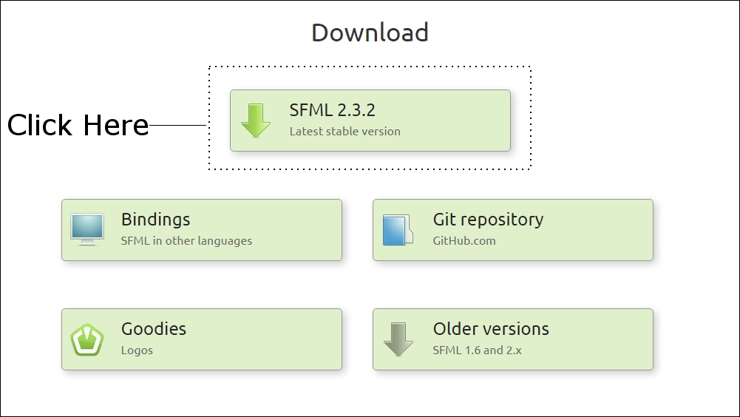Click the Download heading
point(370,33)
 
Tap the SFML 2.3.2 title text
point(332,110)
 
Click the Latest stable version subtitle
point(345,132)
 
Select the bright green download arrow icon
point(256,121)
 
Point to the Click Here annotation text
point(78,125)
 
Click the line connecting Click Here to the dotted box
point(178,125)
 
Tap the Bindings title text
point(156,220)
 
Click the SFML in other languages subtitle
point(186,241)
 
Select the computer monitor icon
point(87,229)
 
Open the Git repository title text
point(488,220)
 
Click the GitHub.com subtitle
point(464,241)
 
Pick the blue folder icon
point(398,230)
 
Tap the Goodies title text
point(153,329)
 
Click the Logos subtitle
point(137,350)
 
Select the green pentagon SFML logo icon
point(87,339)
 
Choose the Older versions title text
point(491,329)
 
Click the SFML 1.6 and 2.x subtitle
point(477,350)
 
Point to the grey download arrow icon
point(398,339)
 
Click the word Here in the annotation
point(116,125)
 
